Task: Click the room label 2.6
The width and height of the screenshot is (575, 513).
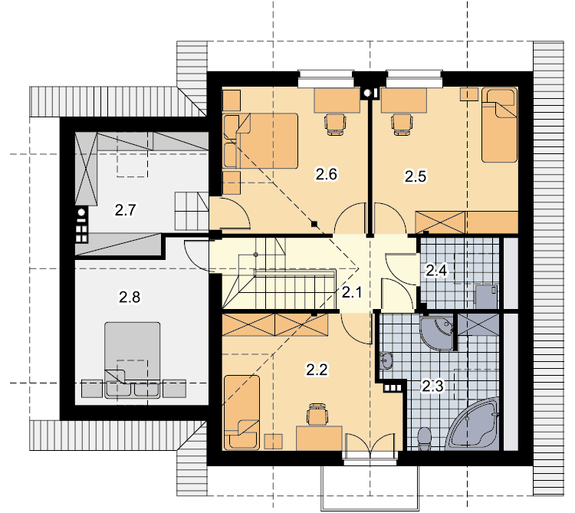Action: [327, 174]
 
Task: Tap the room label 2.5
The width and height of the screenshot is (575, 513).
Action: [416, 176]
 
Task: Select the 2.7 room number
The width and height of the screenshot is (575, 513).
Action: [126, 210]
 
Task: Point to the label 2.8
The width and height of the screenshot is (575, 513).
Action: [130, 297]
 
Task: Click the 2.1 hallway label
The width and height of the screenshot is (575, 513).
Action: [352, 292]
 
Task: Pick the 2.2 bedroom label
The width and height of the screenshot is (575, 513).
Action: [317, 370]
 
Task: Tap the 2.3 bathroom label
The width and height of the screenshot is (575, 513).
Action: [432, 386]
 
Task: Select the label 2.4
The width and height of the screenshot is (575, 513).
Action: [436, 270]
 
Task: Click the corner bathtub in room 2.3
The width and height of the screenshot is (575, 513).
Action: [473, 425]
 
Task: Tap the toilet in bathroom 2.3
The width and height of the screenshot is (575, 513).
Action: [424, 438]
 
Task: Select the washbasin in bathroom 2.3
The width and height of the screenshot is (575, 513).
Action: [386, 360]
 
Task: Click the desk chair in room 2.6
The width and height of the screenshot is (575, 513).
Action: [335, 124]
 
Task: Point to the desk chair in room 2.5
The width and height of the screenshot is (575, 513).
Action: [402, 124]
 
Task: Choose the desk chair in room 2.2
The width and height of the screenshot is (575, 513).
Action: [317, 414]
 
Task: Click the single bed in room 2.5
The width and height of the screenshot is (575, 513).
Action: [499, 125]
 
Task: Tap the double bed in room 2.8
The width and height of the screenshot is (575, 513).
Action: [133, 360]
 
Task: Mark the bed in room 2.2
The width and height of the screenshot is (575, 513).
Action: [242, 412]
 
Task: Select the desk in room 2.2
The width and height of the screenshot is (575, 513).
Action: [319, 438]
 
